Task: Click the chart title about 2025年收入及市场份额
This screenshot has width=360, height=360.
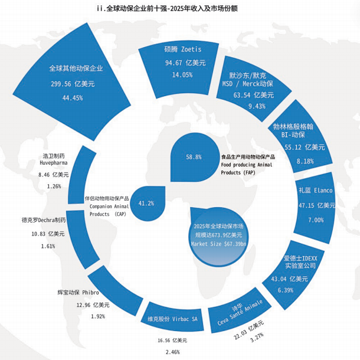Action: [167, 8]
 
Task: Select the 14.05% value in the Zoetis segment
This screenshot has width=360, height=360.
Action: [182, 75]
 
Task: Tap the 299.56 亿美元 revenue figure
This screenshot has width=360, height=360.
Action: [73, 84]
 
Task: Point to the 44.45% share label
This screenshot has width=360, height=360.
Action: [73, 98]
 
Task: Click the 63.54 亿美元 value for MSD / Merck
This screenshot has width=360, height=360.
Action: [253, 95]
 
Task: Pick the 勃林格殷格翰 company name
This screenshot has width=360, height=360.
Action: [293, 126]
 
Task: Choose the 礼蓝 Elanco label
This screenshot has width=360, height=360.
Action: [316, 191]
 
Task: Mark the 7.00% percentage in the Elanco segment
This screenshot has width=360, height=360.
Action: [316, 220]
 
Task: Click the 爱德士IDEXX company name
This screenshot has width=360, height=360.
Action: [300, 258]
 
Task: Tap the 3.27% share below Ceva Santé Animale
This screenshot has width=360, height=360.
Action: [257, 338]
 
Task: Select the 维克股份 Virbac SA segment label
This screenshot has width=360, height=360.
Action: [172, 319]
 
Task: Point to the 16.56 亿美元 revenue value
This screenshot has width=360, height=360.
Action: [172, 341]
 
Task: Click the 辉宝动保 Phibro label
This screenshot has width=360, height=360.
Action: [78, 293]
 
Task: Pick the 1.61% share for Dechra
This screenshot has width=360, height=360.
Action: [48, 246]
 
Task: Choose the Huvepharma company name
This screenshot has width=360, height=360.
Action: [54, 163]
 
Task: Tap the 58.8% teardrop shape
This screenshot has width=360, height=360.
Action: [194, 157]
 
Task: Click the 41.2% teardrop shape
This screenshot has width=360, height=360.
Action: [148, 204]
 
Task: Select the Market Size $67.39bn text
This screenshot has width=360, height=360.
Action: [218, 244]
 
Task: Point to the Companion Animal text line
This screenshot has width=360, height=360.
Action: [109, 207]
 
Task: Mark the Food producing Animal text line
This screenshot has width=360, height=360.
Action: [247, 165]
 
